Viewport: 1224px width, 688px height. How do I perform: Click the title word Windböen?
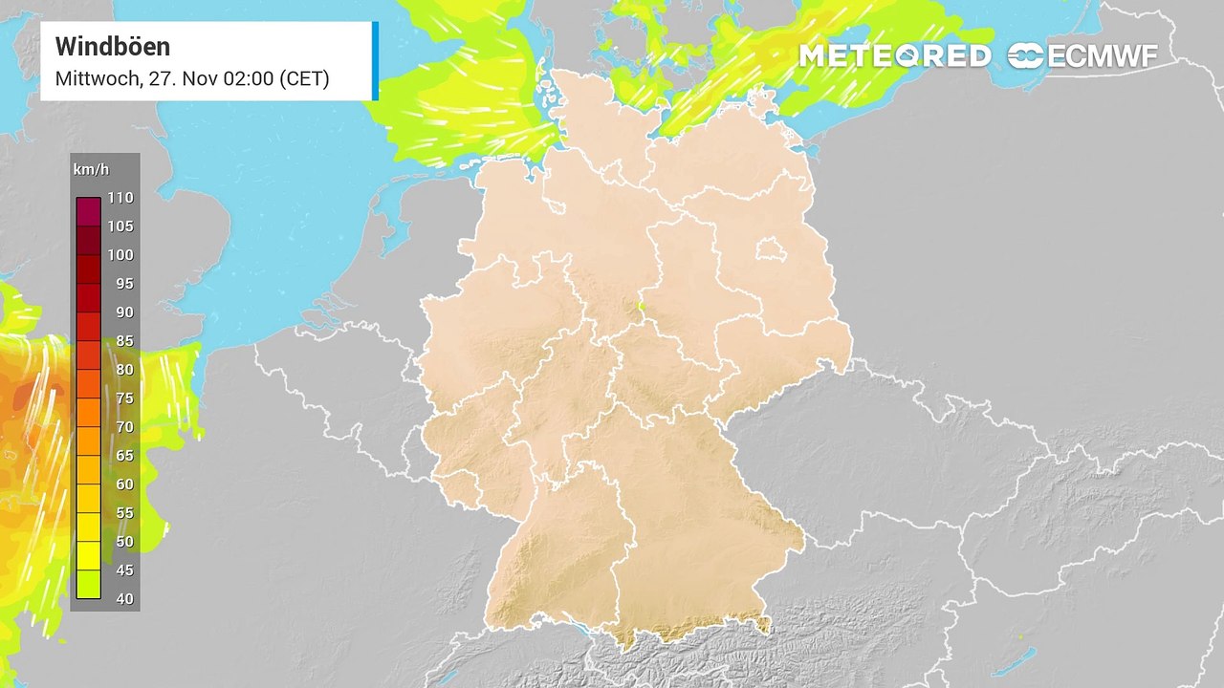113,46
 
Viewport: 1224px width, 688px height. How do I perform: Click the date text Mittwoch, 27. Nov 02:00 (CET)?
192,78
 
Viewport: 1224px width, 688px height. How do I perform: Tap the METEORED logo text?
894,56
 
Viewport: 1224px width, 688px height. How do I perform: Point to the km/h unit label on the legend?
91,170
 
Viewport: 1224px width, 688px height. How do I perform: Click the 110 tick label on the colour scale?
120,198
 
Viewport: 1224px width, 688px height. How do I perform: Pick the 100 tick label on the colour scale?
120,255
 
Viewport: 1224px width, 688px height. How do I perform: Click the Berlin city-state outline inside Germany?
769,250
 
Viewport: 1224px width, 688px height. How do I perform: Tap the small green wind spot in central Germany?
642,307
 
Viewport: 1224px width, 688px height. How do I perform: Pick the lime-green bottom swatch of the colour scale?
88,584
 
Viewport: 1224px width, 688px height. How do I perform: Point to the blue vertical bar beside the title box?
375,61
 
